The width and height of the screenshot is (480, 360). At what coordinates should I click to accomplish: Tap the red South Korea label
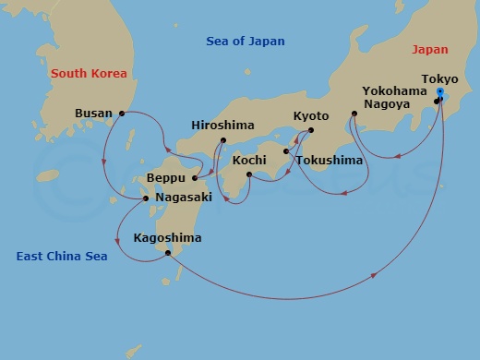pos(89,73)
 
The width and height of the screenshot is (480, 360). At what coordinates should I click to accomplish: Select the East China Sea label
pos(62,256)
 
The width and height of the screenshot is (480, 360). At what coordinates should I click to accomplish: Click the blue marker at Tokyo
pos(439,94)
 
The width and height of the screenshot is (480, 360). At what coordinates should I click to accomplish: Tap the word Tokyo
pos(438,79)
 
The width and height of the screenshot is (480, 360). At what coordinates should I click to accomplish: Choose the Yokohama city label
pos(394,91)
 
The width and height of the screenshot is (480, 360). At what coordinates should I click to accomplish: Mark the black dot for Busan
pos(122,114)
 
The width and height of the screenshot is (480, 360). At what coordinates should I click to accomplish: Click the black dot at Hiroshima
pos(223,141)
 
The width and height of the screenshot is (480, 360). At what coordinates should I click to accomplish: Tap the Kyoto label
pos(310,115)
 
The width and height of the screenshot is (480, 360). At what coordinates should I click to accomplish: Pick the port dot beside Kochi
pos(248,174)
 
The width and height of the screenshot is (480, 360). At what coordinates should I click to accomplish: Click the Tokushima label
pos(330,161)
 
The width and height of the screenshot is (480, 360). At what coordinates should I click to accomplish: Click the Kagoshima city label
pos(167,238)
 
